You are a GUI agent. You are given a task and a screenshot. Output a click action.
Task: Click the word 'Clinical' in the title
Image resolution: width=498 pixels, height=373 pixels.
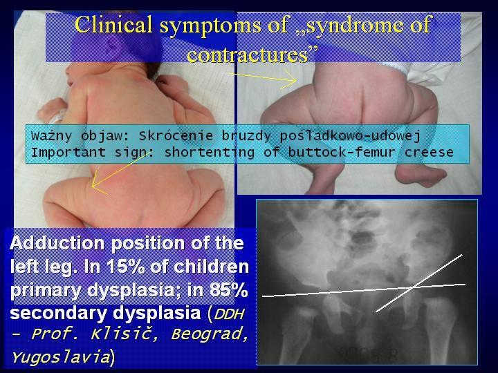[113, 25]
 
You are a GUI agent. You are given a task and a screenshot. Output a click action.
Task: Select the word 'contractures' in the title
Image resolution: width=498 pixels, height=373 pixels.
[248, 54]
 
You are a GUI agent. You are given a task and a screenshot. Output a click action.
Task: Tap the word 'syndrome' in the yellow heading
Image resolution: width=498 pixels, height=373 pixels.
[347, 26]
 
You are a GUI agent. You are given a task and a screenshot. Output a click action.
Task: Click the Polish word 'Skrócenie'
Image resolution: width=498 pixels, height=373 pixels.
[176, 136]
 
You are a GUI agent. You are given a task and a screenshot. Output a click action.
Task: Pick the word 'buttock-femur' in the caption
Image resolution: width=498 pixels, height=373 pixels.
[342, 152]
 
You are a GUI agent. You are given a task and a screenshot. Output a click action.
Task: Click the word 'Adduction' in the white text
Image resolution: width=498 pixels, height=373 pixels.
[57, 244]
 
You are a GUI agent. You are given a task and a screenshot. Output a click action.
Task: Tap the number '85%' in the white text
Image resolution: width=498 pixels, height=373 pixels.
[228, 290]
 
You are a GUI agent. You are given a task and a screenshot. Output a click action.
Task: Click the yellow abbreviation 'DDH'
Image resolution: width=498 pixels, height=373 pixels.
[229, 314]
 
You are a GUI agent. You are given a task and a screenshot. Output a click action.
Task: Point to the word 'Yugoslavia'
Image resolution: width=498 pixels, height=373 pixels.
[60, 357]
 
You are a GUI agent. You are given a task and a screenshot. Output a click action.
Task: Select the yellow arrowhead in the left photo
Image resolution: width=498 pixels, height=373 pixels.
[97, 184]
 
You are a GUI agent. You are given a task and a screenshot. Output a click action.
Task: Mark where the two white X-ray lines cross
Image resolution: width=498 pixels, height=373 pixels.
[412, 287]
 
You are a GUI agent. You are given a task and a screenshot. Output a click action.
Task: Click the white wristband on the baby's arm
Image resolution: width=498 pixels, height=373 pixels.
[58, 117]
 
